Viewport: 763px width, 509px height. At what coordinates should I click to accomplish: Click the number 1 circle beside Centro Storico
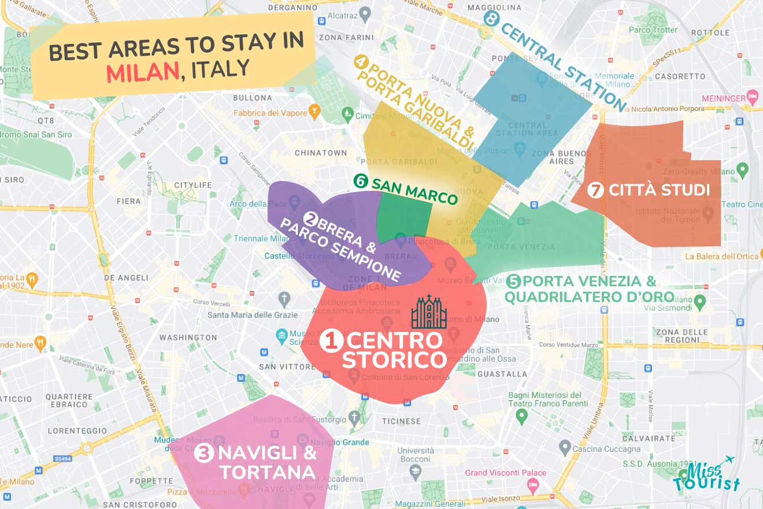pos(331,341)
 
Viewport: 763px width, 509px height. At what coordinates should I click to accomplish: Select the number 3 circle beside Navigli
pos(204,453)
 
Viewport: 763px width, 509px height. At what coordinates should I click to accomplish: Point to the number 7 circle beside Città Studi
pos(595,190)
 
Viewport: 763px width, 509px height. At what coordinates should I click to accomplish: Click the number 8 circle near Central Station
pos(491,19)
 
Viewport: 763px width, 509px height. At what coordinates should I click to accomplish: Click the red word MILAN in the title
pos(142,71)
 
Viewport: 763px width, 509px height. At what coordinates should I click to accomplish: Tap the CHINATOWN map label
pos(321,153)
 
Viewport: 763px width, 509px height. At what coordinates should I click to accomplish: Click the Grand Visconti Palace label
pos(506,473)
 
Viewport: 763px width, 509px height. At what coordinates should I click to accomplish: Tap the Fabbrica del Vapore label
pos(271,113)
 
